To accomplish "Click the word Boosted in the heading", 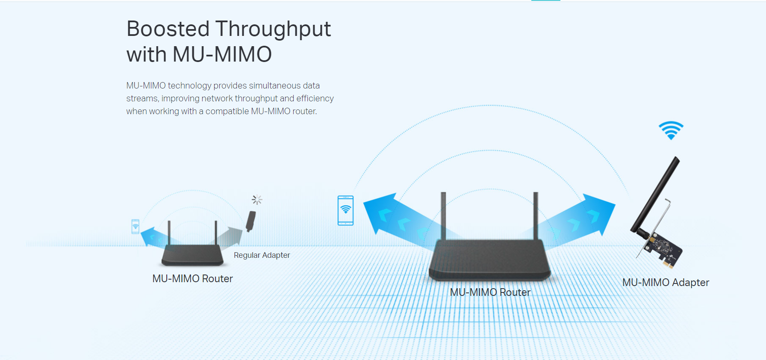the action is click(x=168, y=29).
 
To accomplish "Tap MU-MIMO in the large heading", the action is click(x=222, y=55).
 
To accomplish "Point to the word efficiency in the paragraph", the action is click(x=315, y=99).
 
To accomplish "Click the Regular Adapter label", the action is click(x=262, y=255).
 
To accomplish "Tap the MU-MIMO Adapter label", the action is click(x=666, y=283).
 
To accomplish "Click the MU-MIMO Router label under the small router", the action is click(x=192, y=279).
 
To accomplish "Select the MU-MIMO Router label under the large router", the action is click(x=490, y=292).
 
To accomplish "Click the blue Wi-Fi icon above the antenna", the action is click(x=671, y=130).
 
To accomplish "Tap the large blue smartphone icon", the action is click(x=345, y=210).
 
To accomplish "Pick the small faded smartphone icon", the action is click(x=136, y=226).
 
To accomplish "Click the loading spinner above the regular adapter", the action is click(x=257, y=200).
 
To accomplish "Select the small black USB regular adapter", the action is click(x=251, y=221).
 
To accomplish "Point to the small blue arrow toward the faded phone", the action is click(x=154, y=237).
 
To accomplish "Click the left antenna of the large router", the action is click(x=444, y=216).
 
